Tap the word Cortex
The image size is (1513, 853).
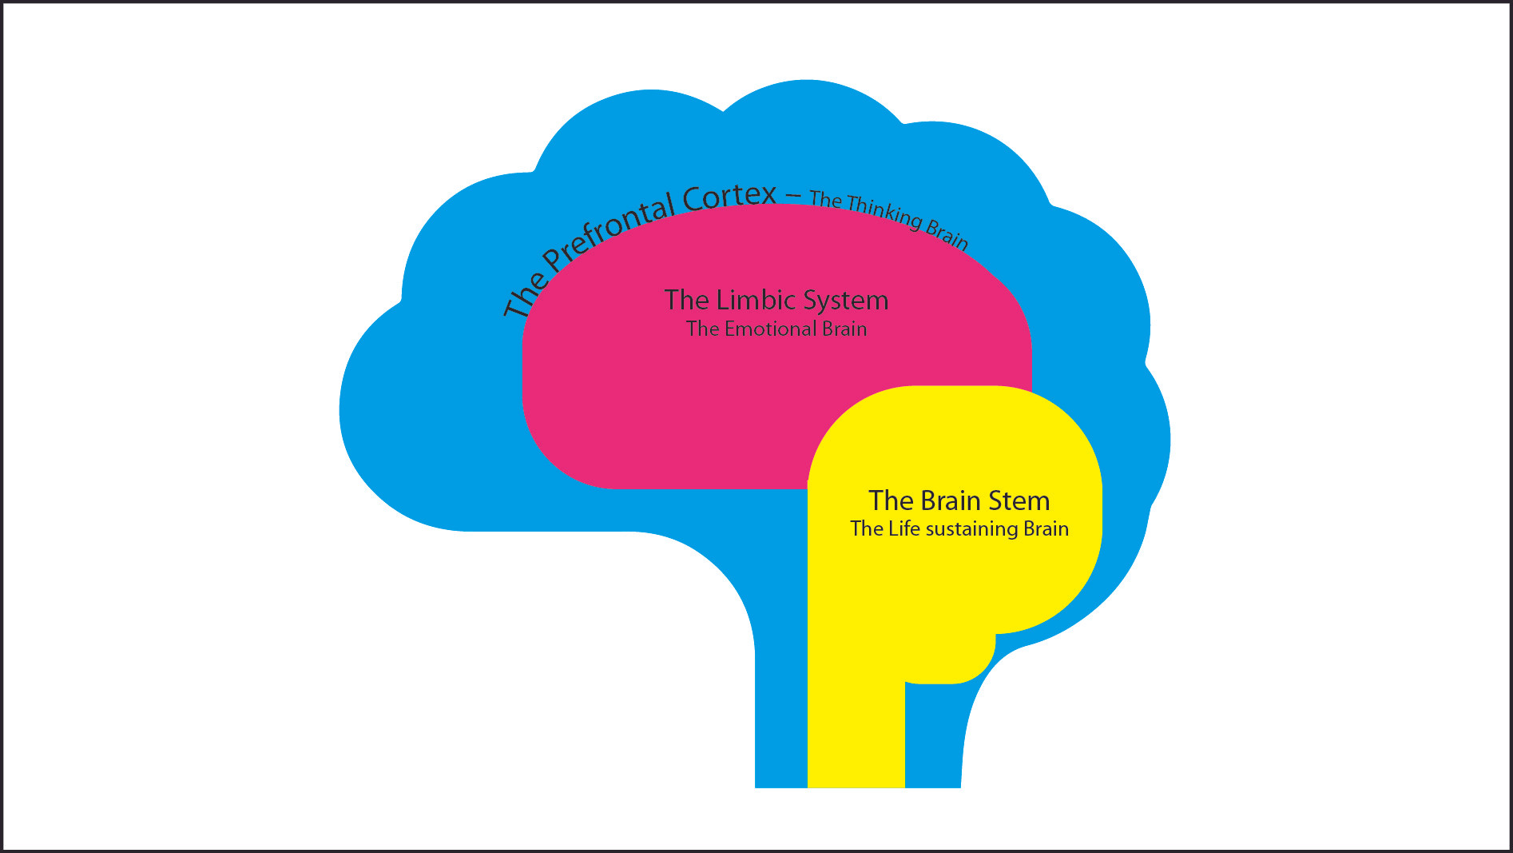pos(729,197)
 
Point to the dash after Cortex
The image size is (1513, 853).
pos(793,194)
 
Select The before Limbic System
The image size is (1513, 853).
pos(686,300)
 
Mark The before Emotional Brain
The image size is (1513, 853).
pos(702,329)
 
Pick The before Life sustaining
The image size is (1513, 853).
pos(866,528)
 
